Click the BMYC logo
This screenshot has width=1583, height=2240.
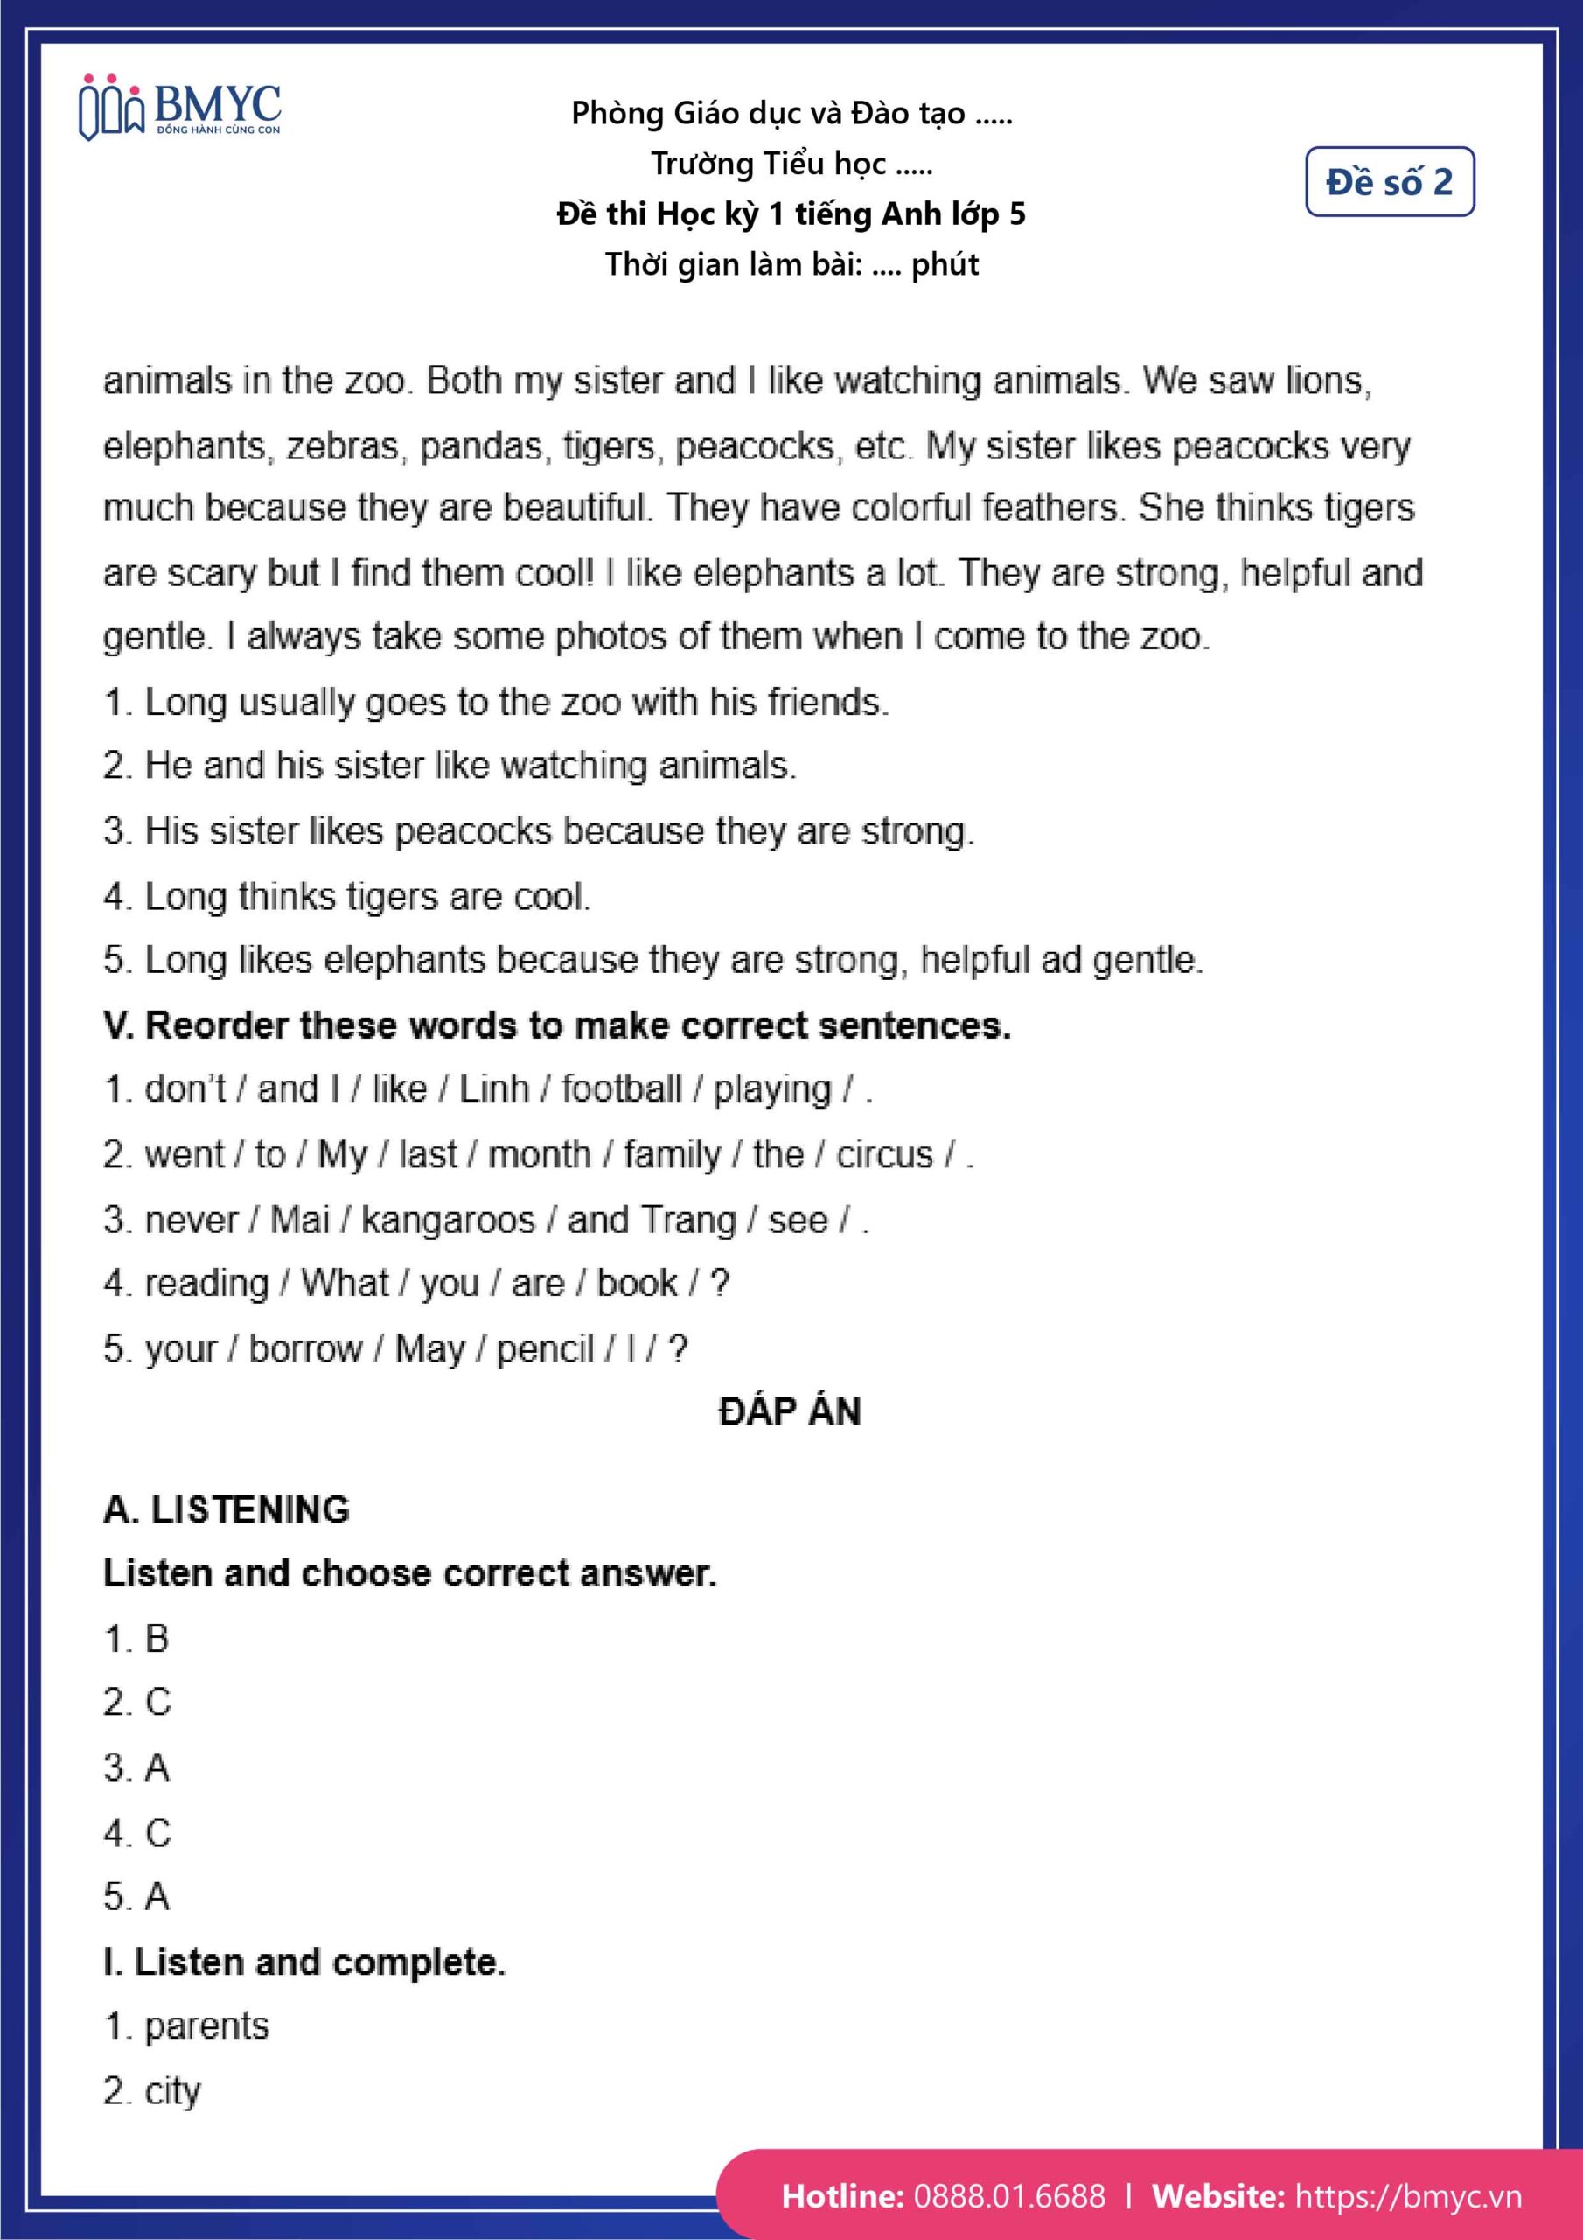180,109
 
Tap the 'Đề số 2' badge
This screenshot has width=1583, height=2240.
1389,181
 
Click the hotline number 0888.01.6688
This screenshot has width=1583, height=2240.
1008,2195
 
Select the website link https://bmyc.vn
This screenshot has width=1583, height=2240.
1407,2195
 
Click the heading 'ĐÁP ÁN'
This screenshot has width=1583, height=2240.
790,1411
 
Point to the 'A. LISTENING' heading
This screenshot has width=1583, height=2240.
227,1509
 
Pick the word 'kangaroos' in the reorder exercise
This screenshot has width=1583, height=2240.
448,1220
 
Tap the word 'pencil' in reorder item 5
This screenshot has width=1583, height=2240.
544,1348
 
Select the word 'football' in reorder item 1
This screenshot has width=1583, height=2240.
621,1088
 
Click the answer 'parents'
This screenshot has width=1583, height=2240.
206,2026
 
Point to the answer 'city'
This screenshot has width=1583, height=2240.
172,2090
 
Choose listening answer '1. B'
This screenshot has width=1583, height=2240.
136,1639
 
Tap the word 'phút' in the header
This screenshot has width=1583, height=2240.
945,264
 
